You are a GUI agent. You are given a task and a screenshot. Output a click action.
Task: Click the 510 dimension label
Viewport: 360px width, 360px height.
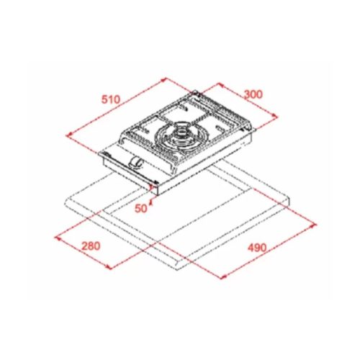click(x=109, y=99)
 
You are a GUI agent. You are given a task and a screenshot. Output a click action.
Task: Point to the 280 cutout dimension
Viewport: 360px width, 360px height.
click(x=91, y=246)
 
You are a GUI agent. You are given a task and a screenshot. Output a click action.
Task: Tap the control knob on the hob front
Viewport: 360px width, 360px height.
click(x=134, y=162)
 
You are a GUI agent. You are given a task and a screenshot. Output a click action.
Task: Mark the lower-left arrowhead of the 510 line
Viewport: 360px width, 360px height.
click(x=66, y=133)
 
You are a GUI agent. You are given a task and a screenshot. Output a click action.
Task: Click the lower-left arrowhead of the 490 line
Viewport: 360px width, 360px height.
click(x=217, y=276)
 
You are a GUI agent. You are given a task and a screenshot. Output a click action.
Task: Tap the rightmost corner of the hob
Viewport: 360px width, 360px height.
click(x=256, y=130)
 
